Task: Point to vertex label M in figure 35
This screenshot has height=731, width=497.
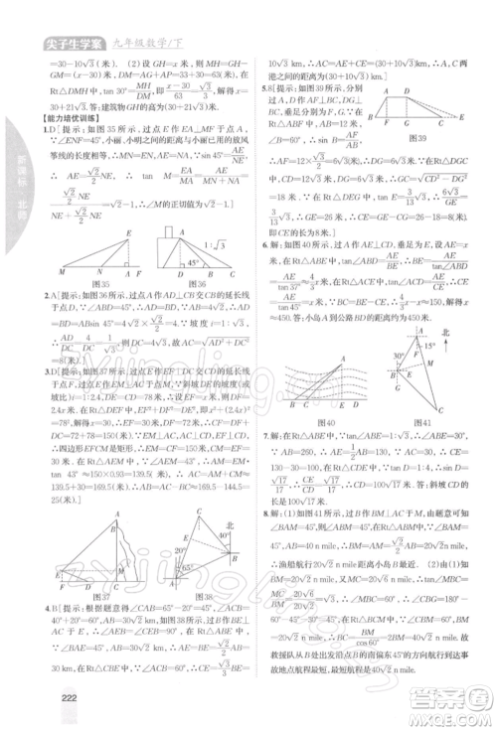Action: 61,270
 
